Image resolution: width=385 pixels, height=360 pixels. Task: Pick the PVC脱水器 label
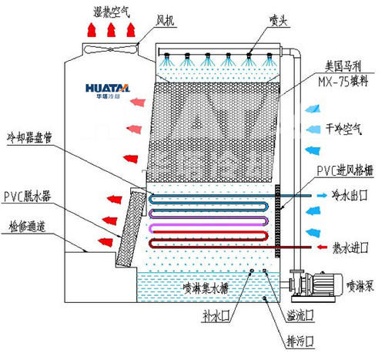click(x=28, y=197)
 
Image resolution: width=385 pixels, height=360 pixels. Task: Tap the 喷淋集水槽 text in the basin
click(x=205, y=288)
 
